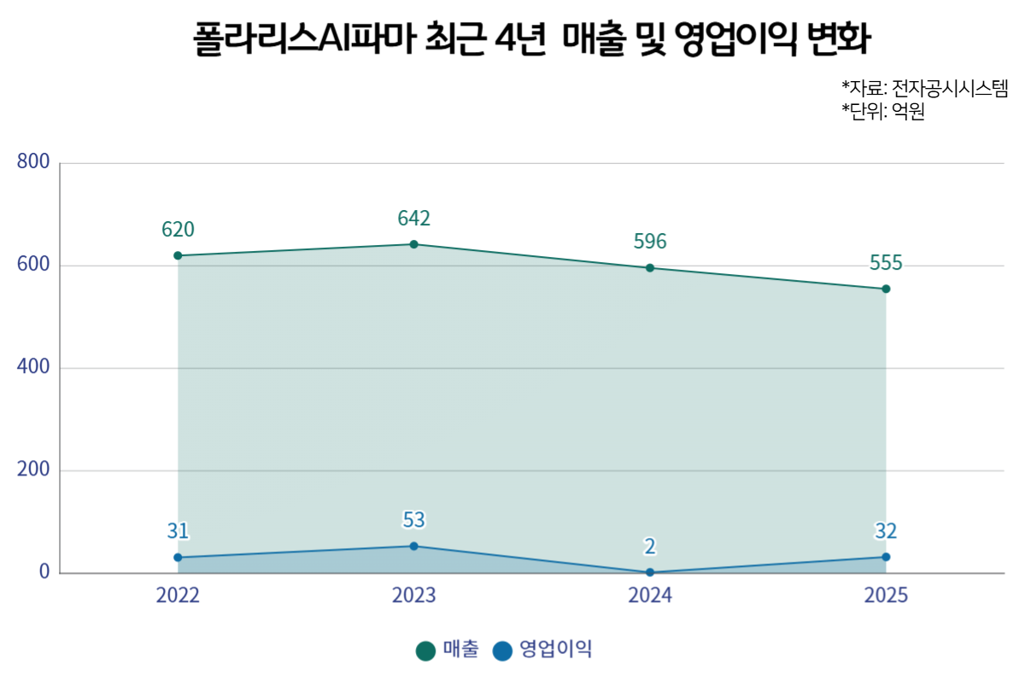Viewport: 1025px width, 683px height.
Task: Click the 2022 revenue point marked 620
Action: click(178, 255)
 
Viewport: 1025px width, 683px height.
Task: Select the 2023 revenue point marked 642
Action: click(414, 244)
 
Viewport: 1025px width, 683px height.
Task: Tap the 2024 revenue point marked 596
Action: click(650, 268)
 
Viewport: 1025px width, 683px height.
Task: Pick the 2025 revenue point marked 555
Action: click(886, 289)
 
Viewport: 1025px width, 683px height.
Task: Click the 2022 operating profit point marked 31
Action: click(178, 557)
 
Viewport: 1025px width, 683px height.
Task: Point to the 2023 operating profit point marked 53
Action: click(414, 546)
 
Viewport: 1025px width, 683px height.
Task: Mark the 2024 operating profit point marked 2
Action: click(650, 573)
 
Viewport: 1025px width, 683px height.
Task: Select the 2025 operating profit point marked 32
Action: click(886, 557)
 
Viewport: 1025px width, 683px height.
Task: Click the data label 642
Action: click(414, 219)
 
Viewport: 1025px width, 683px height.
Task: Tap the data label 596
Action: click(650, 242)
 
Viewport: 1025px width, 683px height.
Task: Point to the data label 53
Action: click(414, 520)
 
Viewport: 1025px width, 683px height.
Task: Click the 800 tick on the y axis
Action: click(33, 161)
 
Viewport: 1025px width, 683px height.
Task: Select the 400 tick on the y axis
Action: click(33, 367)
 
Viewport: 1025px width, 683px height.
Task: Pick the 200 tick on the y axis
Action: click(33, 470)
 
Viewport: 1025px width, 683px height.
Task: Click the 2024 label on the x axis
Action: click(650, 595)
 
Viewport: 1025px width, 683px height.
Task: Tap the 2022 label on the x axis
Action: click(178, 595)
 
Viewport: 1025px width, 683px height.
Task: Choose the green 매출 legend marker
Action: click(425, 651)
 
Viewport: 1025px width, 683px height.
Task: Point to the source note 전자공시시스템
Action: click(950, 88)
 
